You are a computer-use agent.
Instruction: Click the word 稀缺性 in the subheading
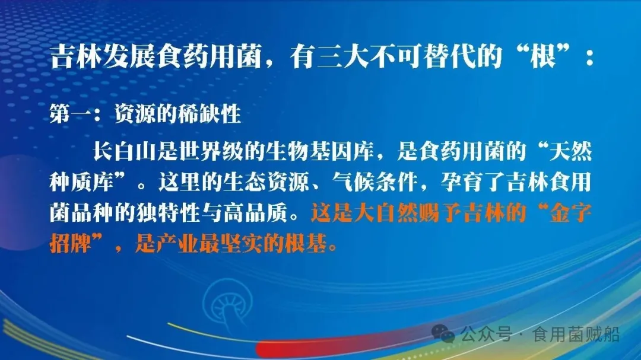208,113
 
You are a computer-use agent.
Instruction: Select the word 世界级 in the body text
209,151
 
